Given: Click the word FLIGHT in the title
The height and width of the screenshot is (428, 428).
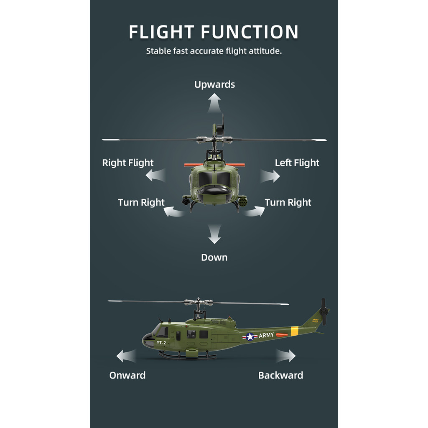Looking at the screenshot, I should tap(162, 32).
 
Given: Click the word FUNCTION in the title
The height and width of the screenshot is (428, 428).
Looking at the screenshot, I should tap(250, 32).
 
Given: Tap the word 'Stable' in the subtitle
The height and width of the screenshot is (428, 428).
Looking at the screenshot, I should tap(158, 51).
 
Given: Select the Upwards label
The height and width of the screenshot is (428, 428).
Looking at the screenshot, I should tap(214, 84).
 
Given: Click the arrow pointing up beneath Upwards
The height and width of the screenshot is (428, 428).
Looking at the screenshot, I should tap(214, 103).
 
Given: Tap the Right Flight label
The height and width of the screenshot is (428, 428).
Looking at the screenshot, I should tap(128, 163).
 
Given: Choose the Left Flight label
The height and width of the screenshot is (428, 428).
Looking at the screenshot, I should tap(297, 163).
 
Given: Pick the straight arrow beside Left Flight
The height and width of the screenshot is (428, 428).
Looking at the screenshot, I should tap(270, 176).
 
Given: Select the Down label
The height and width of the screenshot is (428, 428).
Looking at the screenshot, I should tap(214, 257).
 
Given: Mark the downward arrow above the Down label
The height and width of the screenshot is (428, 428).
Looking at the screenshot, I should tap(214, 234).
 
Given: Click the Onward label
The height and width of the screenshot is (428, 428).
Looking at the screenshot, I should tap(127, 375).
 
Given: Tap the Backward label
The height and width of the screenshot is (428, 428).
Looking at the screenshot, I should tap(280, 375).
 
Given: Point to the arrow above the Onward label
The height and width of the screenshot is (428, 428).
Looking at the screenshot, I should tap(126, 356).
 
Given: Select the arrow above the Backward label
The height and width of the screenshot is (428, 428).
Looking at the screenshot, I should tap(285, 356).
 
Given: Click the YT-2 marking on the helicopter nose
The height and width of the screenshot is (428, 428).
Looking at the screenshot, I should tap(161, 343).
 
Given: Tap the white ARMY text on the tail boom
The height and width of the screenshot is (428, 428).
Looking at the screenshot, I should tap(266, 335).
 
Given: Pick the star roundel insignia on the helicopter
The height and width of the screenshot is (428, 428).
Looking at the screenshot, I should tap(250, 336).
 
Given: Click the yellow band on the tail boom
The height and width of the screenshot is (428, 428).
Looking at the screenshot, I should tap(295, 331).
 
